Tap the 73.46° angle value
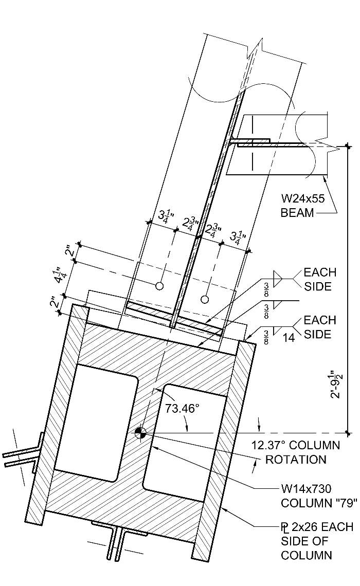coord(182,409)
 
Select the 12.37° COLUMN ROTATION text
coord(295,452)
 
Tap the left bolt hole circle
coord(160,285)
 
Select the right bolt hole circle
coord(205,299)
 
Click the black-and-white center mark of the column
coord(139,433)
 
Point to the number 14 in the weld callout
coord(290,337)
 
